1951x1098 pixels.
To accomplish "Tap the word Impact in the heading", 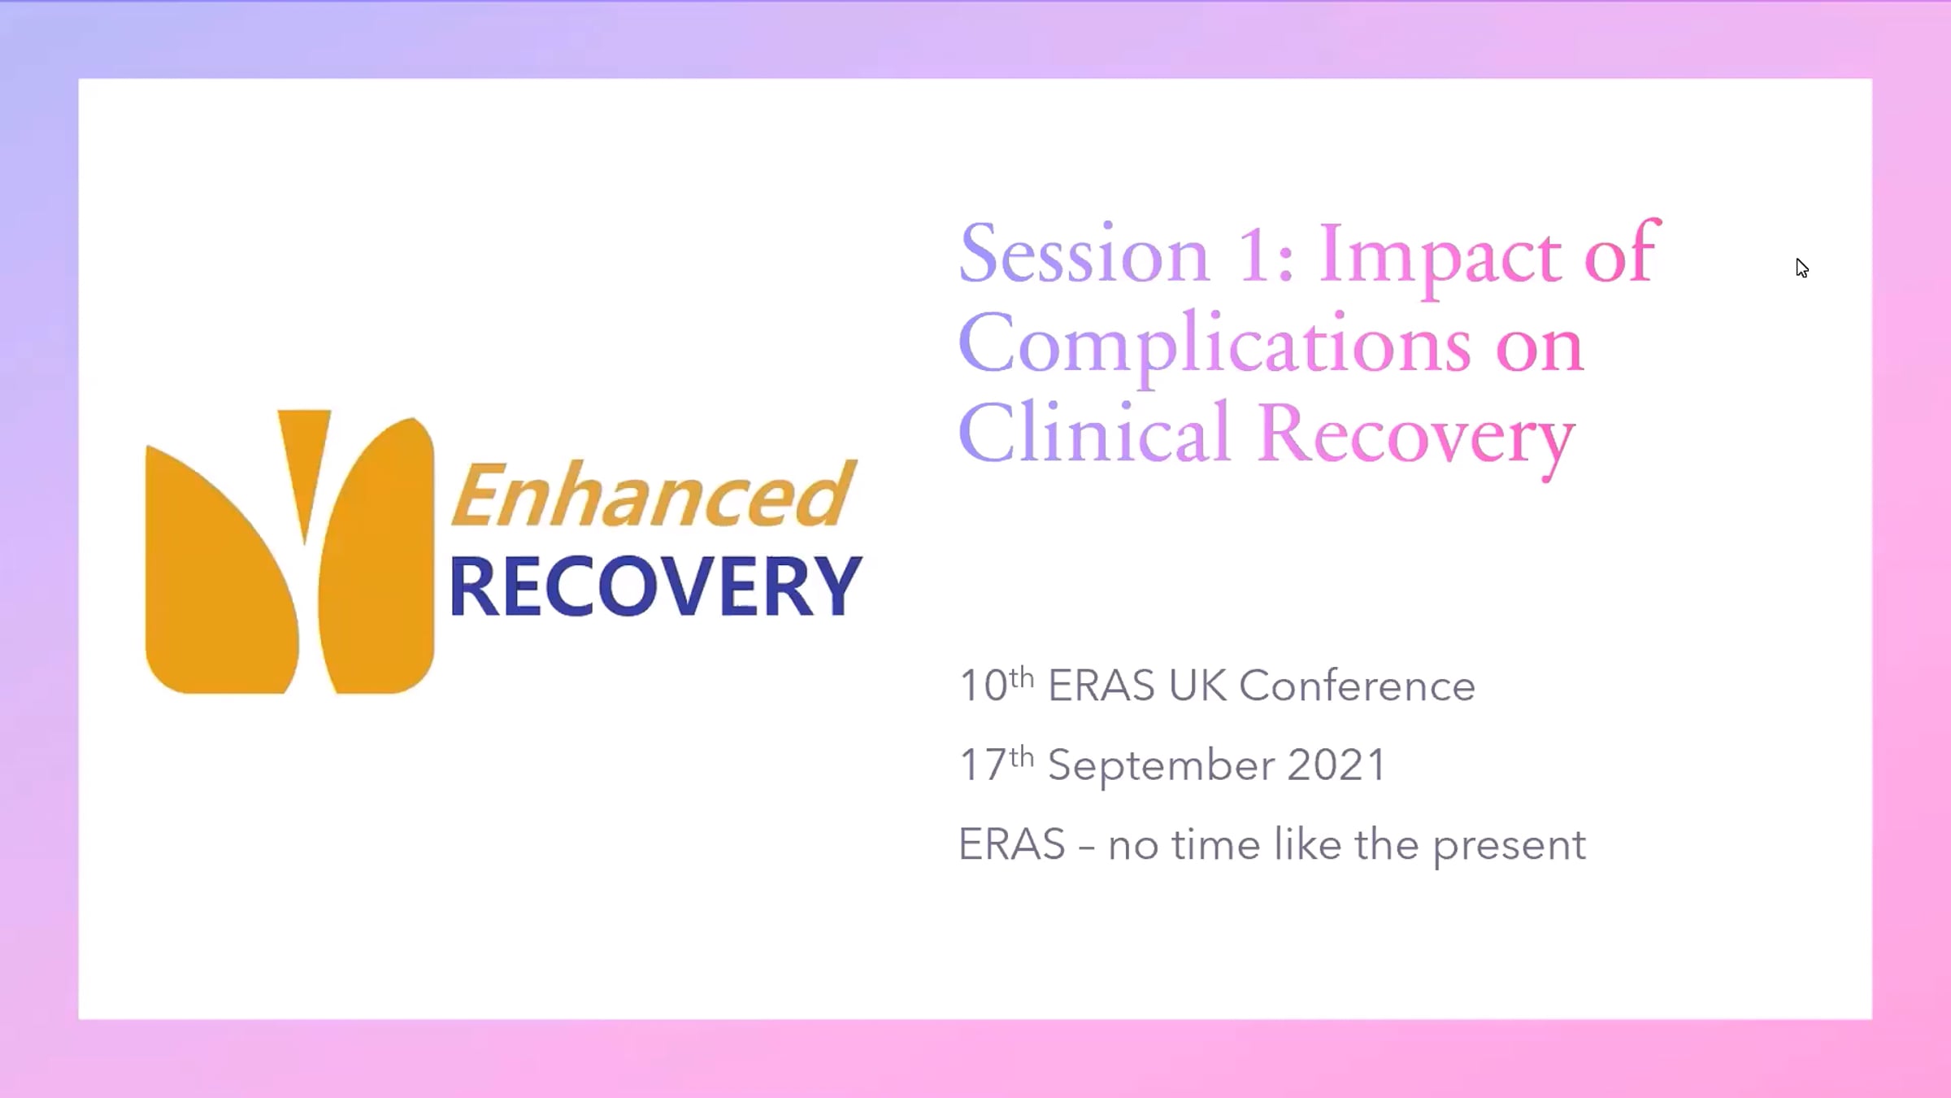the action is (x=1440, y=259).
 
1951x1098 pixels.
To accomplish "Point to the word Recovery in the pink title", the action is (x=1416, y=438).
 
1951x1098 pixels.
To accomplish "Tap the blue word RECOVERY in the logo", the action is (x=655, y=586).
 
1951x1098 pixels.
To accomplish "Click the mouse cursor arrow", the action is (x=1802, y=268).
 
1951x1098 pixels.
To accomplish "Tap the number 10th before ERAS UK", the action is (x=997, y=684).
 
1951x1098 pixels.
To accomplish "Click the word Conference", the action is (x=1357, y=686).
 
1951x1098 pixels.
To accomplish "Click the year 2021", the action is (x=1336, y=765).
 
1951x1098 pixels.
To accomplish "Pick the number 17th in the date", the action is (x=997, y=764).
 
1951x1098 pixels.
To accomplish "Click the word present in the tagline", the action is (x=1509, y=846).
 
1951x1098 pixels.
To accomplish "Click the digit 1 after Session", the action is (x=1253, y=255).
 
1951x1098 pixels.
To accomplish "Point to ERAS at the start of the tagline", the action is (x=1012, y=844).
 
